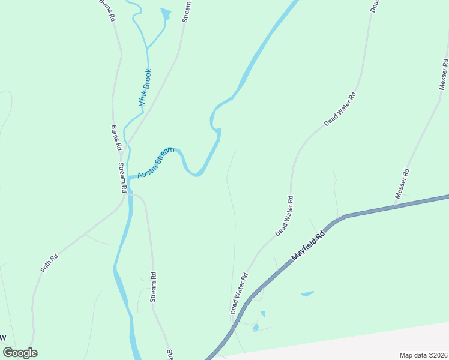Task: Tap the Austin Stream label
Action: pyautogui.click(x=155, y=163)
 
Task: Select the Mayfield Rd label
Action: pyautogui.click(x=308, y=243)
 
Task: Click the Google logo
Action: pyautogui.click(x=20, y=353)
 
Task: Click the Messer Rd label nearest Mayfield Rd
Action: pyautogui.click(x=402, y=184)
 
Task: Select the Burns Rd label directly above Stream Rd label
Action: pyautogui.click(x=117, y=137)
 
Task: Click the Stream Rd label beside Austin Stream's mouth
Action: pyautogui.click(x=121, y=177)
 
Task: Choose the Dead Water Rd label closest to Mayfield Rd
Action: pyautogui.click(x=238, y=294)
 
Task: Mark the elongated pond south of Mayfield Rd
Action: pyautogui.click(x=307, y=294)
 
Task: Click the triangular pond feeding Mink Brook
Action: pyautogui.click(x=166, y=13)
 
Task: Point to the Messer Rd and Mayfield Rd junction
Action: pyautogui.click(x=395, y=206)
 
